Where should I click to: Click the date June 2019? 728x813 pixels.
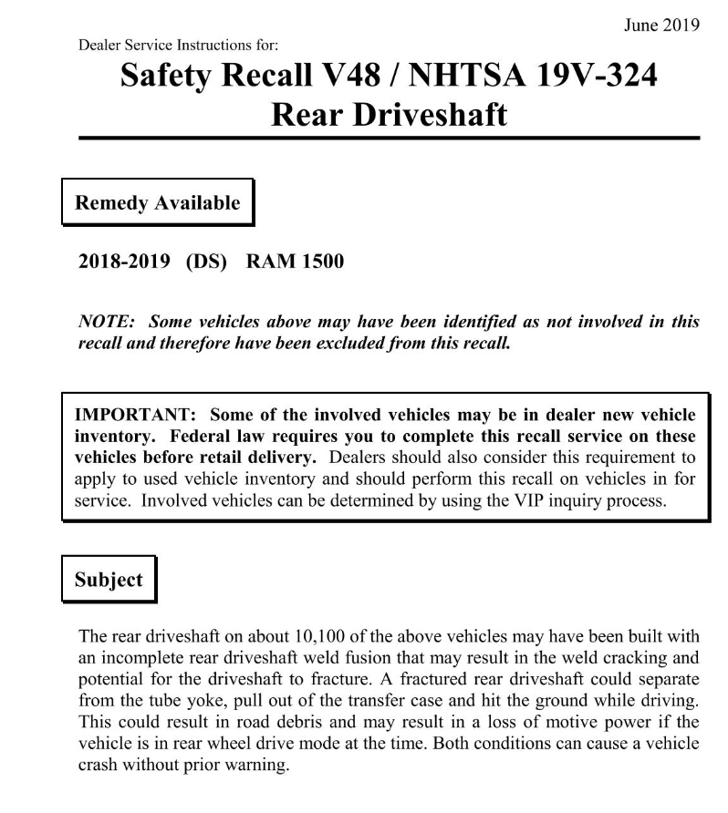coord(661,26)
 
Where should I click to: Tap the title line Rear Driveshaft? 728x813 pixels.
coord(389,116)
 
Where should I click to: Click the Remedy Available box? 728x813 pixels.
coord(157,203)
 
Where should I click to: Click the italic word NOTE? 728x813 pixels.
coord(107,321)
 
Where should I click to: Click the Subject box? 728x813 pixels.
coord(109,580)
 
